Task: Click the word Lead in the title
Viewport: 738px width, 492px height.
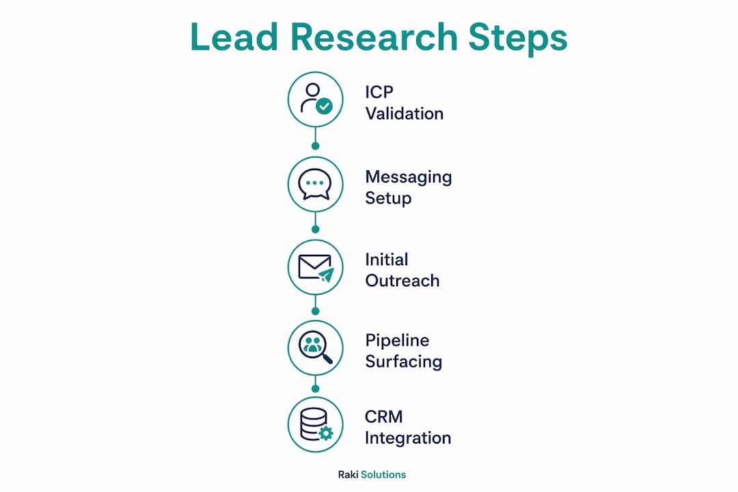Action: point(234,37)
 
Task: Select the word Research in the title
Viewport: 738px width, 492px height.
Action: point(374,37)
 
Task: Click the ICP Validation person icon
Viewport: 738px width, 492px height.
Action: point(311,98)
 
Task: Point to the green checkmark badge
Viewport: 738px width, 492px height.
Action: point(324,106)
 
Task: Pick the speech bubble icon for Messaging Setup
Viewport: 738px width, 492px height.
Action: point(315,184)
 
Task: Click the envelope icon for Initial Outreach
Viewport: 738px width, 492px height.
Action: point(314,267)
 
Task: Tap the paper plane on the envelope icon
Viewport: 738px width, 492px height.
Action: point(326,275)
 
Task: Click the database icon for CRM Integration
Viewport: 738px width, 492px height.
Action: point(314,424)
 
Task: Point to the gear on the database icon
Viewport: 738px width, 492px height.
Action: point(325,433)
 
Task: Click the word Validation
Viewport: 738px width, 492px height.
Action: point(405,113)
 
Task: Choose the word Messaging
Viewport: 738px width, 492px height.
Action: point(409,178)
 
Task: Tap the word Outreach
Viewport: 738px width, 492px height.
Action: point(402,281)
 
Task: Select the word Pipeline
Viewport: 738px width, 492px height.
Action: point(397,341)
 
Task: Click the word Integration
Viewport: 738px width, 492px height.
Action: point(408,438)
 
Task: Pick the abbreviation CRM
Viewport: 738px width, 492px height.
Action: point(383,417)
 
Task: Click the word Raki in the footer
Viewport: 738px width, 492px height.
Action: point(348,475)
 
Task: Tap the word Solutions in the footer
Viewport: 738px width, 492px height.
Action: point(383,475)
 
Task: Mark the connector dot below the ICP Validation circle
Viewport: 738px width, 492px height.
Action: point(315,146)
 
